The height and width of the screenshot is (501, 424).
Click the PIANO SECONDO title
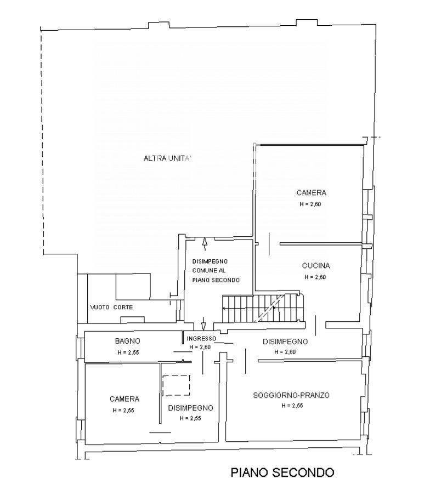(282, 472)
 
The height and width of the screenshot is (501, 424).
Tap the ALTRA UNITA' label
(167, 158)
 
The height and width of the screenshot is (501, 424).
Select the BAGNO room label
(128, 341)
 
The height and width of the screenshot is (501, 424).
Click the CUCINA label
(316, 265)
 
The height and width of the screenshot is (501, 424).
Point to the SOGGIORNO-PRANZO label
(291, 395)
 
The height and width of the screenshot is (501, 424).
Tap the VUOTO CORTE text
(111, 307)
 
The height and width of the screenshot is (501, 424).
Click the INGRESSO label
(201, 338)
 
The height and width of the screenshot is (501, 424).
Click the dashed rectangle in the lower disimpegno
(176, 385)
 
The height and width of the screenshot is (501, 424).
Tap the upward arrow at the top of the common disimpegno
(205, 245)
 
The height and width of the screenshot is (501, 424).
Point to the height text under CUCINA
(315, 277)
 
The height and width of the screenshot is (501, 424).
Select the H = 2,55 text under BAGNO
(128, 352)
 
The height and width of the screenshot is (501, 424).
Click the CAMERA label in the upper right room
(312, 192)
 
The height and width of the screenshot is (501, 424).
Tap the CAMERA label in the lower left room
(125, 398)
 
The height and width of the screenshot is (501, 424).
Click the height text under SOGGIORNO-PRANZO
(292, 406)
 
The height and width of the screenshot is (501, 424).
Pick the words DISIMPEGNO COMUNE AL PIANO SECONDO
(216, 271)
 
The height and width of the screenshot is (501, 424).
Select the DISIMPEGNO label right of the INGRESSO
(285, 341)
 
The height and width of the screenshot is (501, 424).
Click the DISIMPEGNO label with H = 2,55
(190, 408)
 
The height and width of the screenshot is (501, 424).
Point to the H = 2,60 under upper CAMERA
(310, 204)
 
